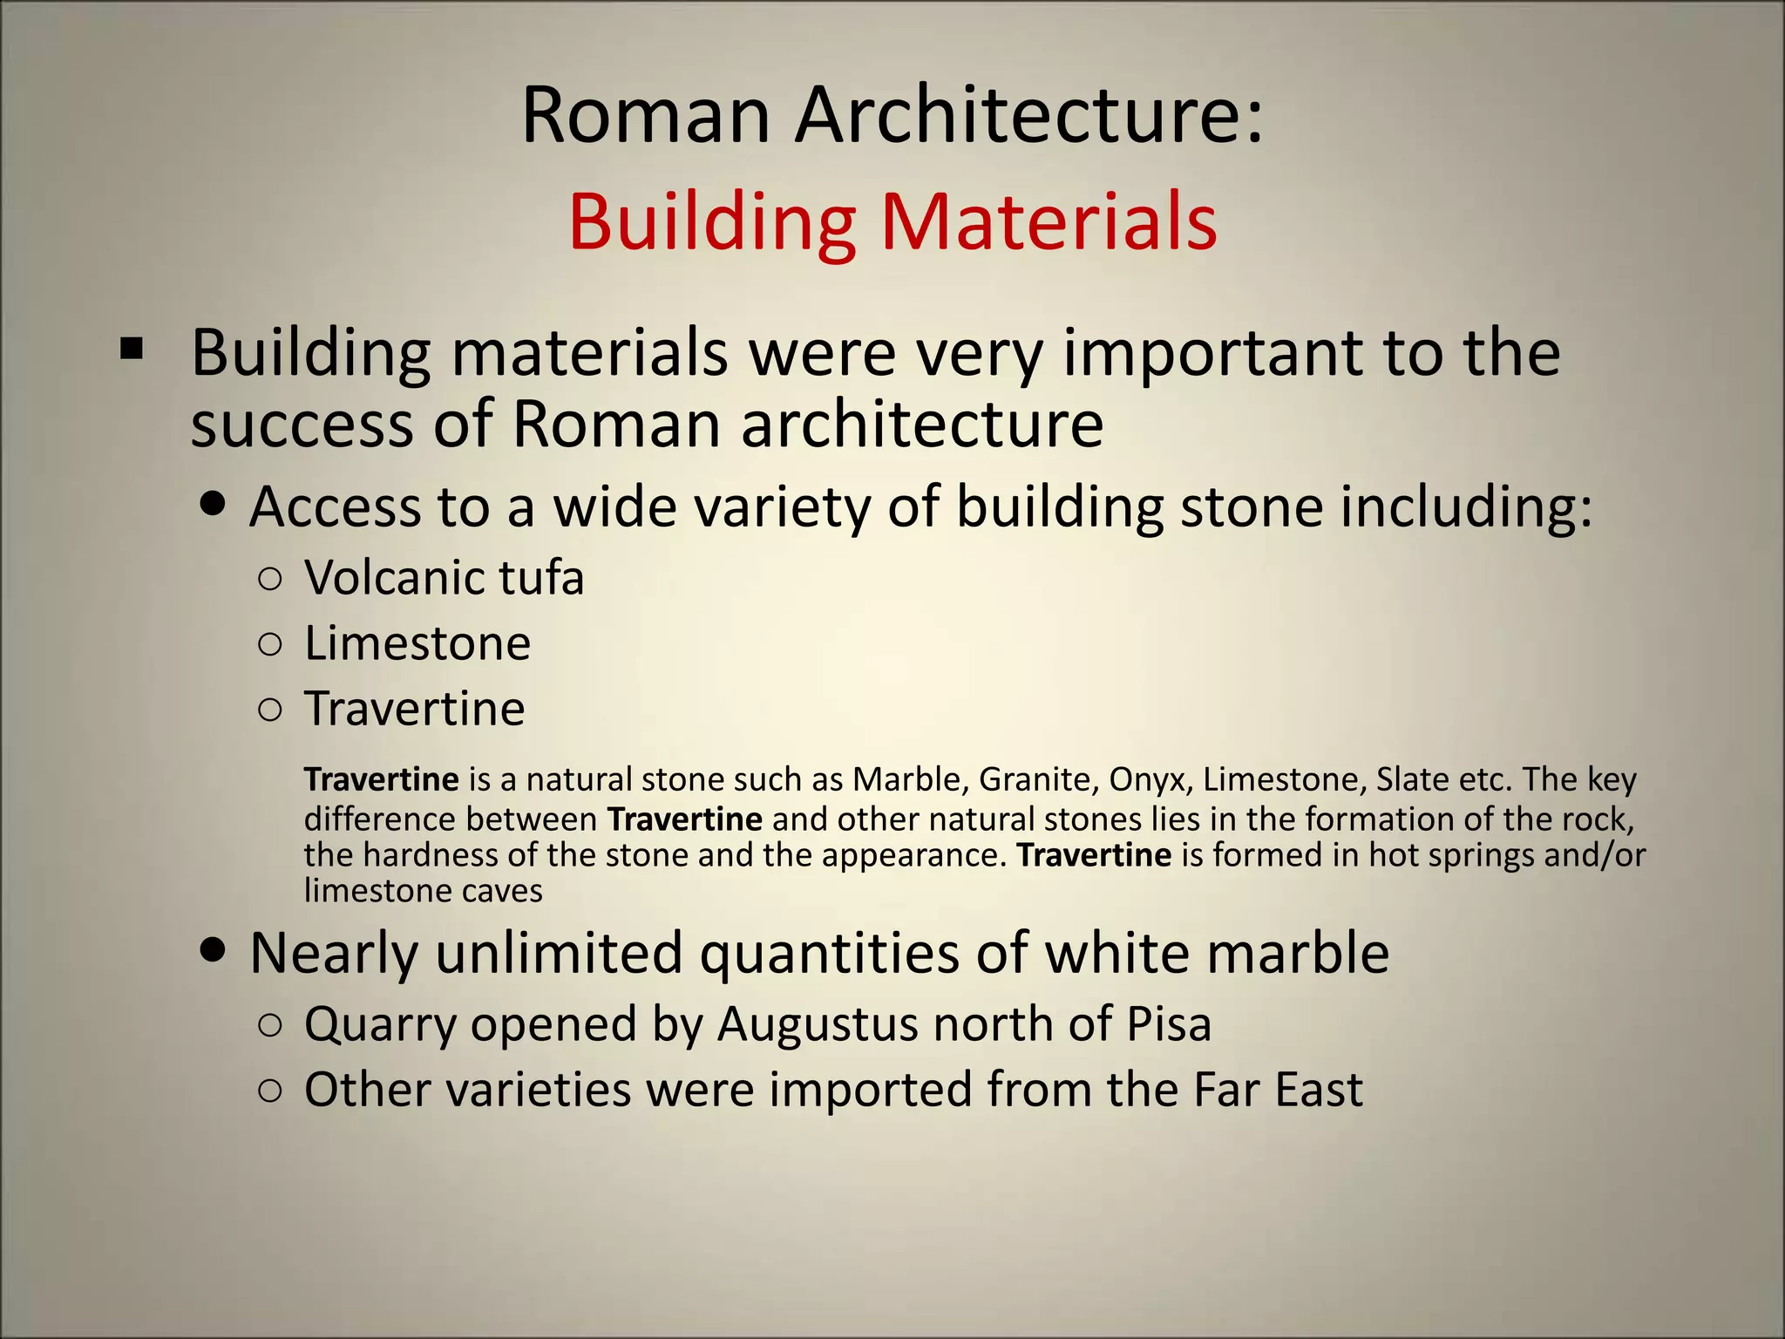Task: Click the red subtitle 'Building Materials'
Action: [x=892, y=222]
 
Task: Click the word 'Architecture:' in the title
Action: [x=1028, y=116]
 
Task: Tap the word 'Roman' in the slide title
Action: [x=646, y=116]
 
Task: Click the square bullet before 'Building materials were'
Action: [x=132, y=350]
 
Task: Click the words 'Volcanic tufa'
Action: [x=444, y=578]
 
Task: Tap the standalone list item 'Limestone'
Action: [x=417, y=643]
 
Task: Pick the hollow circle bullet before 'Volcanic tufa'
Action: [x=270, y=580]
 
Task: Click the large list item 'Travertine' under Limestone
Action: [x=415, y=708]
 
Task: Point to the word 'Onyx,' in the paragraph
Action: [x=1150, y=779]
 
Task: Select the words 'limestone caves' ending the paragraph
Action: [x=423, y=891]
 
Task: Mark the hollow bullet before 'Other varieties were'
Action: [x=270, y=1091]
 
